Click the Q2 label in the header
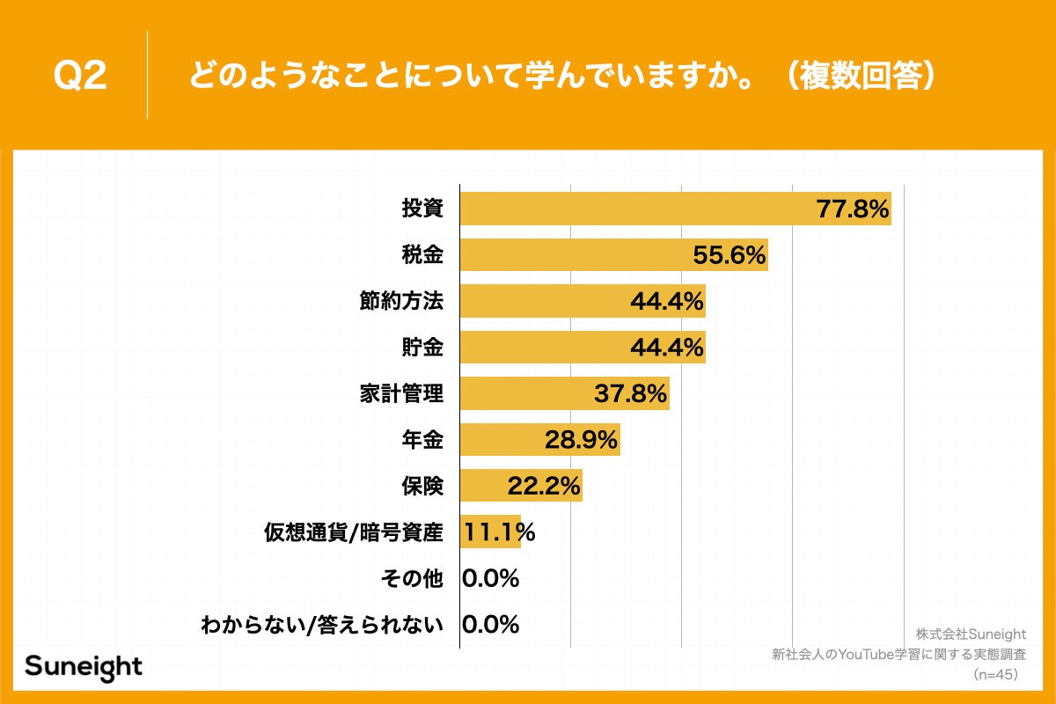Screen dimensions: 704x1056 (x=80, y=77)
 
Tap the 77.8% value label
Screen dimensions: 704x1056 (x=853, y=209)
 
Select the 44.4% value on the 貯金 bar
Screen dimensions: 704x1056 (x=667, y=348)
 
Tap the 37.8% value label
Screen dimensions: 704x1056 (x=630, y=393)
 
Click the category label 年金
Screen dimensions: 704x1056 (x=421, y=440)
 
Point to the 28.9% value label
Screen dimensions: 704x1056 (x=581, y=440)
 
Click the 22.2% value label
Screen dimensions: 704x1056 (x=544, y=486)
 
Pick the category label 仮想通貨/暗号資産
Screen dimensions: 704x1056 (x=353, y=532)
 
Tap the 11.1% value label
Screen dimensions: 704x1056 (x=499, y=532)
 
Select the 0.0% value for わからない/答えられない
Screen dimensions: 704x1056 (x=490, y=625)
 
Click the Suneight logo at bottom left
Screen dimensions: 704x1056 (x=84, y=666)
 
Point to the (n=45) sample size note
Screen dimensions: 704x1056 (x=994, y=674)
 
